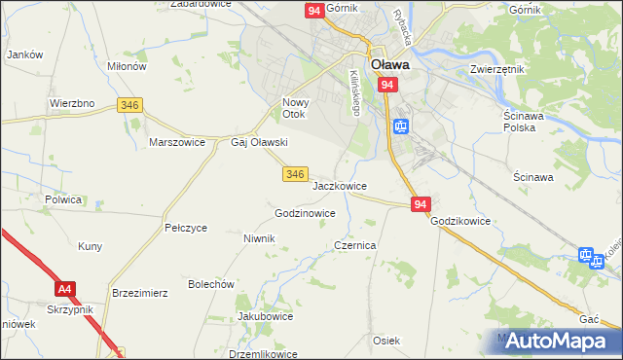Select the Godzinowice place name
pyautogui.click(x=305, y=213)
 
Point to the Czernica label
pyautogui.click(x=354, y=246)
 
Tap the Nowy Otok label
pyautogui.click(x=295, y=108)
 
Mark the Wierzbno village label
pyautogui.click(x=71, y=102)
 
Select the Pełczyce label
pyautogui.click(x=186, y=228)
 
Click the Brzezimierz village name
pyautogui.click(x=141, y=292)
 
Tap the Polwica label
pyautogui.click(x=62, y=198)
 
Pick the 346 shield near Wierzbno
pyautogui.click(x=129, y=104)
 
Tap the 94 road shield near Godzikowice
pyautogui.click(x=421, y=204)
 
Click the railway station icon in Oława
pyautogui.click(x=400, y=126)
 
